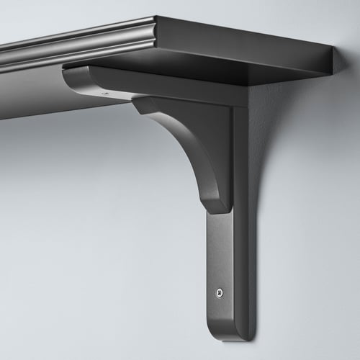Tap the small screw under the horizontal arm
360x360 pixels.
coord(109,94)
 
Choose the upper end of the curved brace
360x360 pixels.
coord(144,104)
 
